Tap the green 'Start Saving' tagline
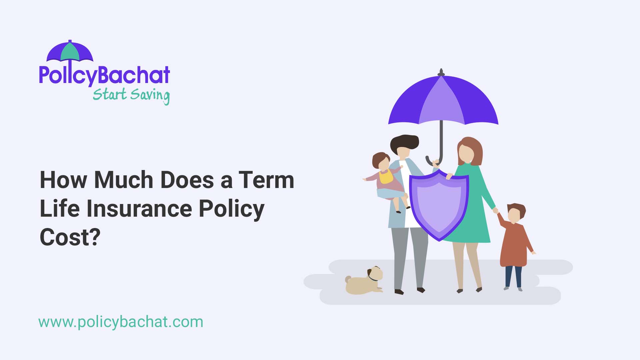pos(131,95)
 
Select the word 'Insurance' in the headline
pos(139,209)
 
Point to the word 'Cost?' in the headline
pos(70,237)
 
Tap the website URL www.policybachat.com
pos(121,322)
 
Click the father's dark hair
pos(405,142)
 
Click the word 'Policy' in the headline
pos(232,209)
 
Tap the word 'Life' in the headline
pos(60,209)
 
